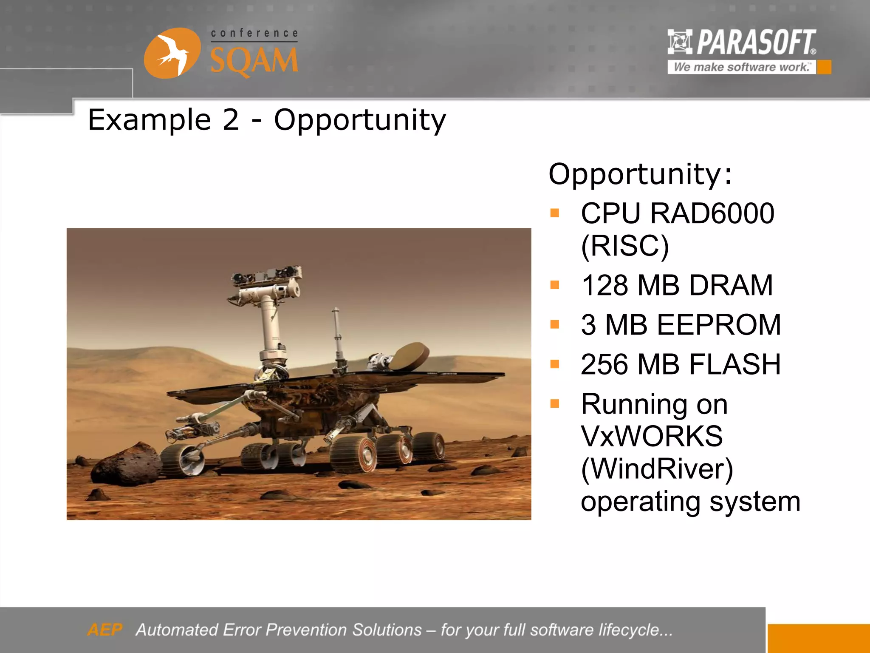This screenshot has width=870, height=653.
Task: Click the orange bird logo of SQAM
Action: coord(172,53)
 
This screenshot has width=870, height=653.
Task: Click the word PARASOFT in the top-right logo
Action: coord(756,43)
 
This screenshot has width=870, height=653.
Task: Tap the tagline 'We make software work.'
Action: coord(742,67)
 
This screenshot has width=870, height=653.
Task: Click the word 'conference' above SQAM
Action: coord(254,33)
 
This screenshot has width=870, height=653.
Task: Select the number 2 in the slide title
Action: coord(231,120)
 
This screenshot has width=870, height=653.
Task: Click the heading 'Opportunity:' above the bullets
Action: coord(640,174)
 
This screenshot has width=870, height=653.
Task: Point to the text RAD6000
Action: coord(712,213)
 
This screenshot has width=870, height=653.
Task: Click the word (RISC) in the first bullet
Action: coord(624,246)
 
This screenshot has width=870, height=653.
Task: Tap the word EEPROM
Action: coord(719,325)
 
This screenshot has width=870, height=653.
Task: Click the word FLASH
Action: coord(734,364)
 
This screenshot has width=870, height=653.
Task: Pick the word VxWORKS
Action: coord(651,436)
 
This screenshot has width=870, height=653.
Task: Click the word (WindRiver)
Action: coord(657,469)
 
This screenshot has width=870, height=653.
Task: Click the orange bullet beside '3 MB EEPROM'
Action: coord(555,325)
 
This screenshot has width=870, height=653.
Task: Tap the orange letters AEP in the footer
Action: coord(105,630)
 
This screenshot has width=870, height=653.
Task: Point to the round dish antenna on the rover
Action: coord(410,356)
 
